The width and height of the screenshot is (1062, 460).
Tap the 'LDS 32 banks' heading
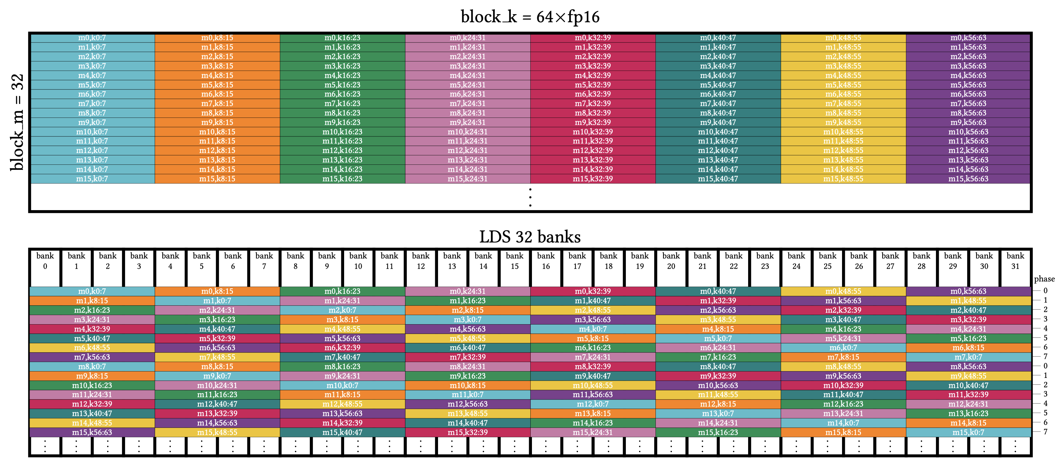(x=530, y=237)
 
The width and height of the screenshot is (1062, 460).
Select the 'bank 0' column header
(x=45, y=261)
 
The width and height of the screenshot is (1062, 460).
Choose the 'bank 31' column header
(x=1015, y=261)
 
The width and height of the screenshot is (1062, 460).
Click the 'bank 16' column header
(x=546, y=261)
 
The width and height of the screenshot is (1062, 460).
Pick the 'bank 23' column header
(x=765, y=261)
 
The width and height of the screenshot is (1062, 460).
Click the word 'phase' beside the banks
(x=1044, y=279)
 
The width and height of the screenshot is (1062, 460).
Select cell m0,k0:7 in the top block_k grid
(x=92, y=37)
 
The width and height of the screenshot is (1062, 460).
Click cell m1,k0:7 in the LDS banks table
(x=217, y=301)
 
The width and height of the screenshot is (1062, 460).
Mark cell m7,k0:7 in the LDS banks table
(x=968, y=357)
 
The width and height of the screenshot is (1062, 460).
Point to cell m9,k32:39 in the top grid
(x=593, y=123)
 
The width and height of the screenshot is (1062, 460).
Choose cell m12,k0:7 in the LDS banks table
(x=593, y=404)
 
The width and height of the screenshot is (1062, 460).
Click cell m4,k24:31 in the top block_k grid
(x=468, y=75)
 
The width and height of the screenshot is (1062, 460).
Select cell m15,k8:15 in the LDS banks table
(x=843, y=432)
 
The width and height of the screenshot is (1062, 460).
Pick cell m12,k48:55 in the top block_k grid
(x=843, y=151)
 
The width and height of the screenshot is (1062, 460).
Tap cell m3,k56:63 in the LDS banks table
(x=593, y=319)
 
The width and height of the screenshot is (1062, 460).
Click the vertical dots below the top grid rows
(x=530, y=198)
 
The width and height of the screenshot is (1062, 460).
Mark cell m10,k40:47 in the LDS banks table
(x=968, y=385)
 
